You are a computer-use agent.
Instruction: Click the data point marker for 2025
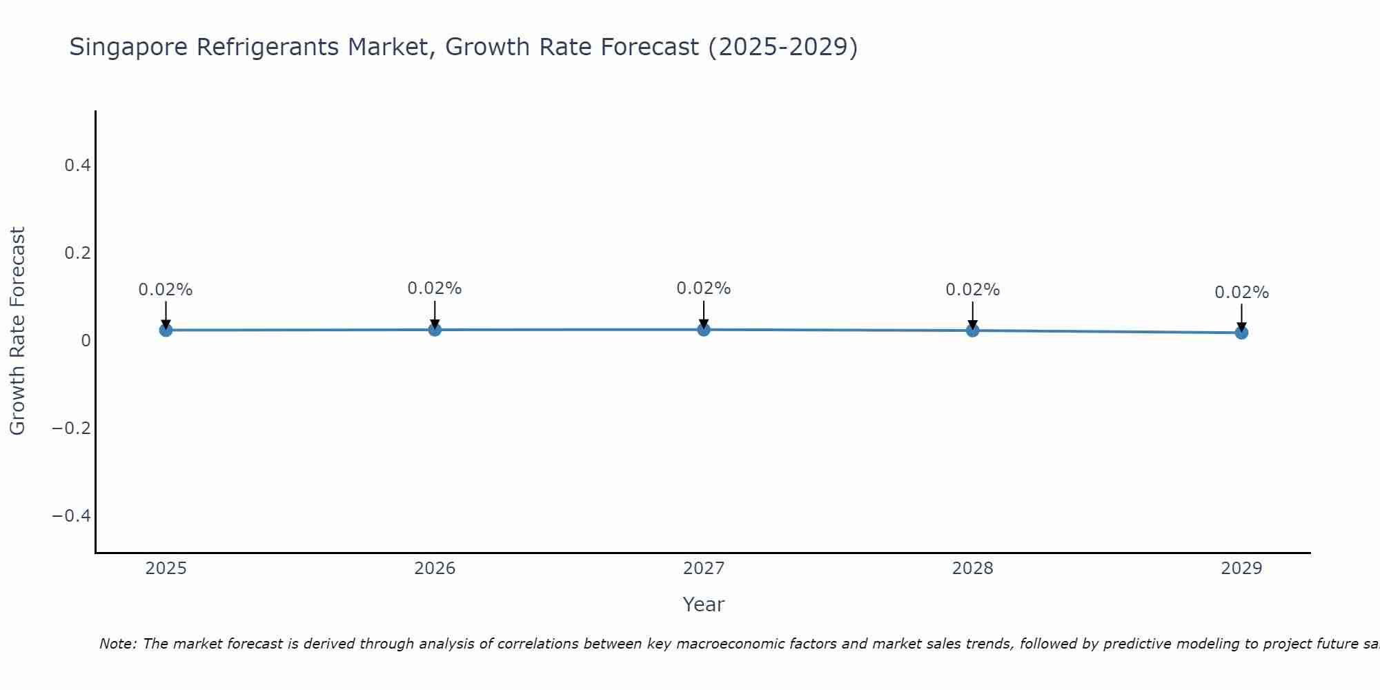click(166, 330)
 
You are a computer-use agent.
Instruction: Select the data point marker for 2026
click(435, 329)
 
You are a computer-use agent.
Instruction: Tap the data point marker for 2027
click(704, 329)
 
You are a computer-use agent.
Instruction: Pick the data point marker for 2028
click(972, 330)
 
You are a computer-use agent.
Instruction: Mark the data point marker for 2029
click(1241, 333)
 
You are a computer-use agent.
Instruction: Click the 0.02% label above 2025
click(166, 290)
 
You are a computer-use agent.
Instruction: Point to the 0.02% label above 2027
click(704, 288)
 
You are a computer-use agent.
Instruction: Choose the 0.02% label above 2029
click(1241, 293)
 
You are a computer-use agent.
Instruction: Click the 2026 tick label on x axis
click(435, 569)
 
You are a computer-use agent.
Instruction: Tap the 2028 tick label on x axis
click(972, 569)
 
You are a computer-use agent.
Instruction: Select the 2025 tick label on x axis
click(166, 569)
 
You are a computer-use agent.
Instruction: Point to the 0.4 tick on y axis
click(77, 166)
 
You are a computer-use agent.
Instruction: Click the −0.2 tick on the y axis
click(71, 428)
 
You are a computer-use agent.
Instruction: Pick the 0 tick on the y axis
click(86, 341)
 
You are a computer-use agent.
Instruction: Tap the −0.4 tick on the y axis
click(71, 516)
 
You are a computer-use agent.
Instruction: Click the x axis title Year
click(703, 605)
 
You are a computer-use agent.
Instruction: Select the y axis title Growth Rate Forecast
click(17, 331)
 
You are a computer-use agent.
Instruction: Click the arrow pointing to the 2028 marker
click(972, 314)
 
